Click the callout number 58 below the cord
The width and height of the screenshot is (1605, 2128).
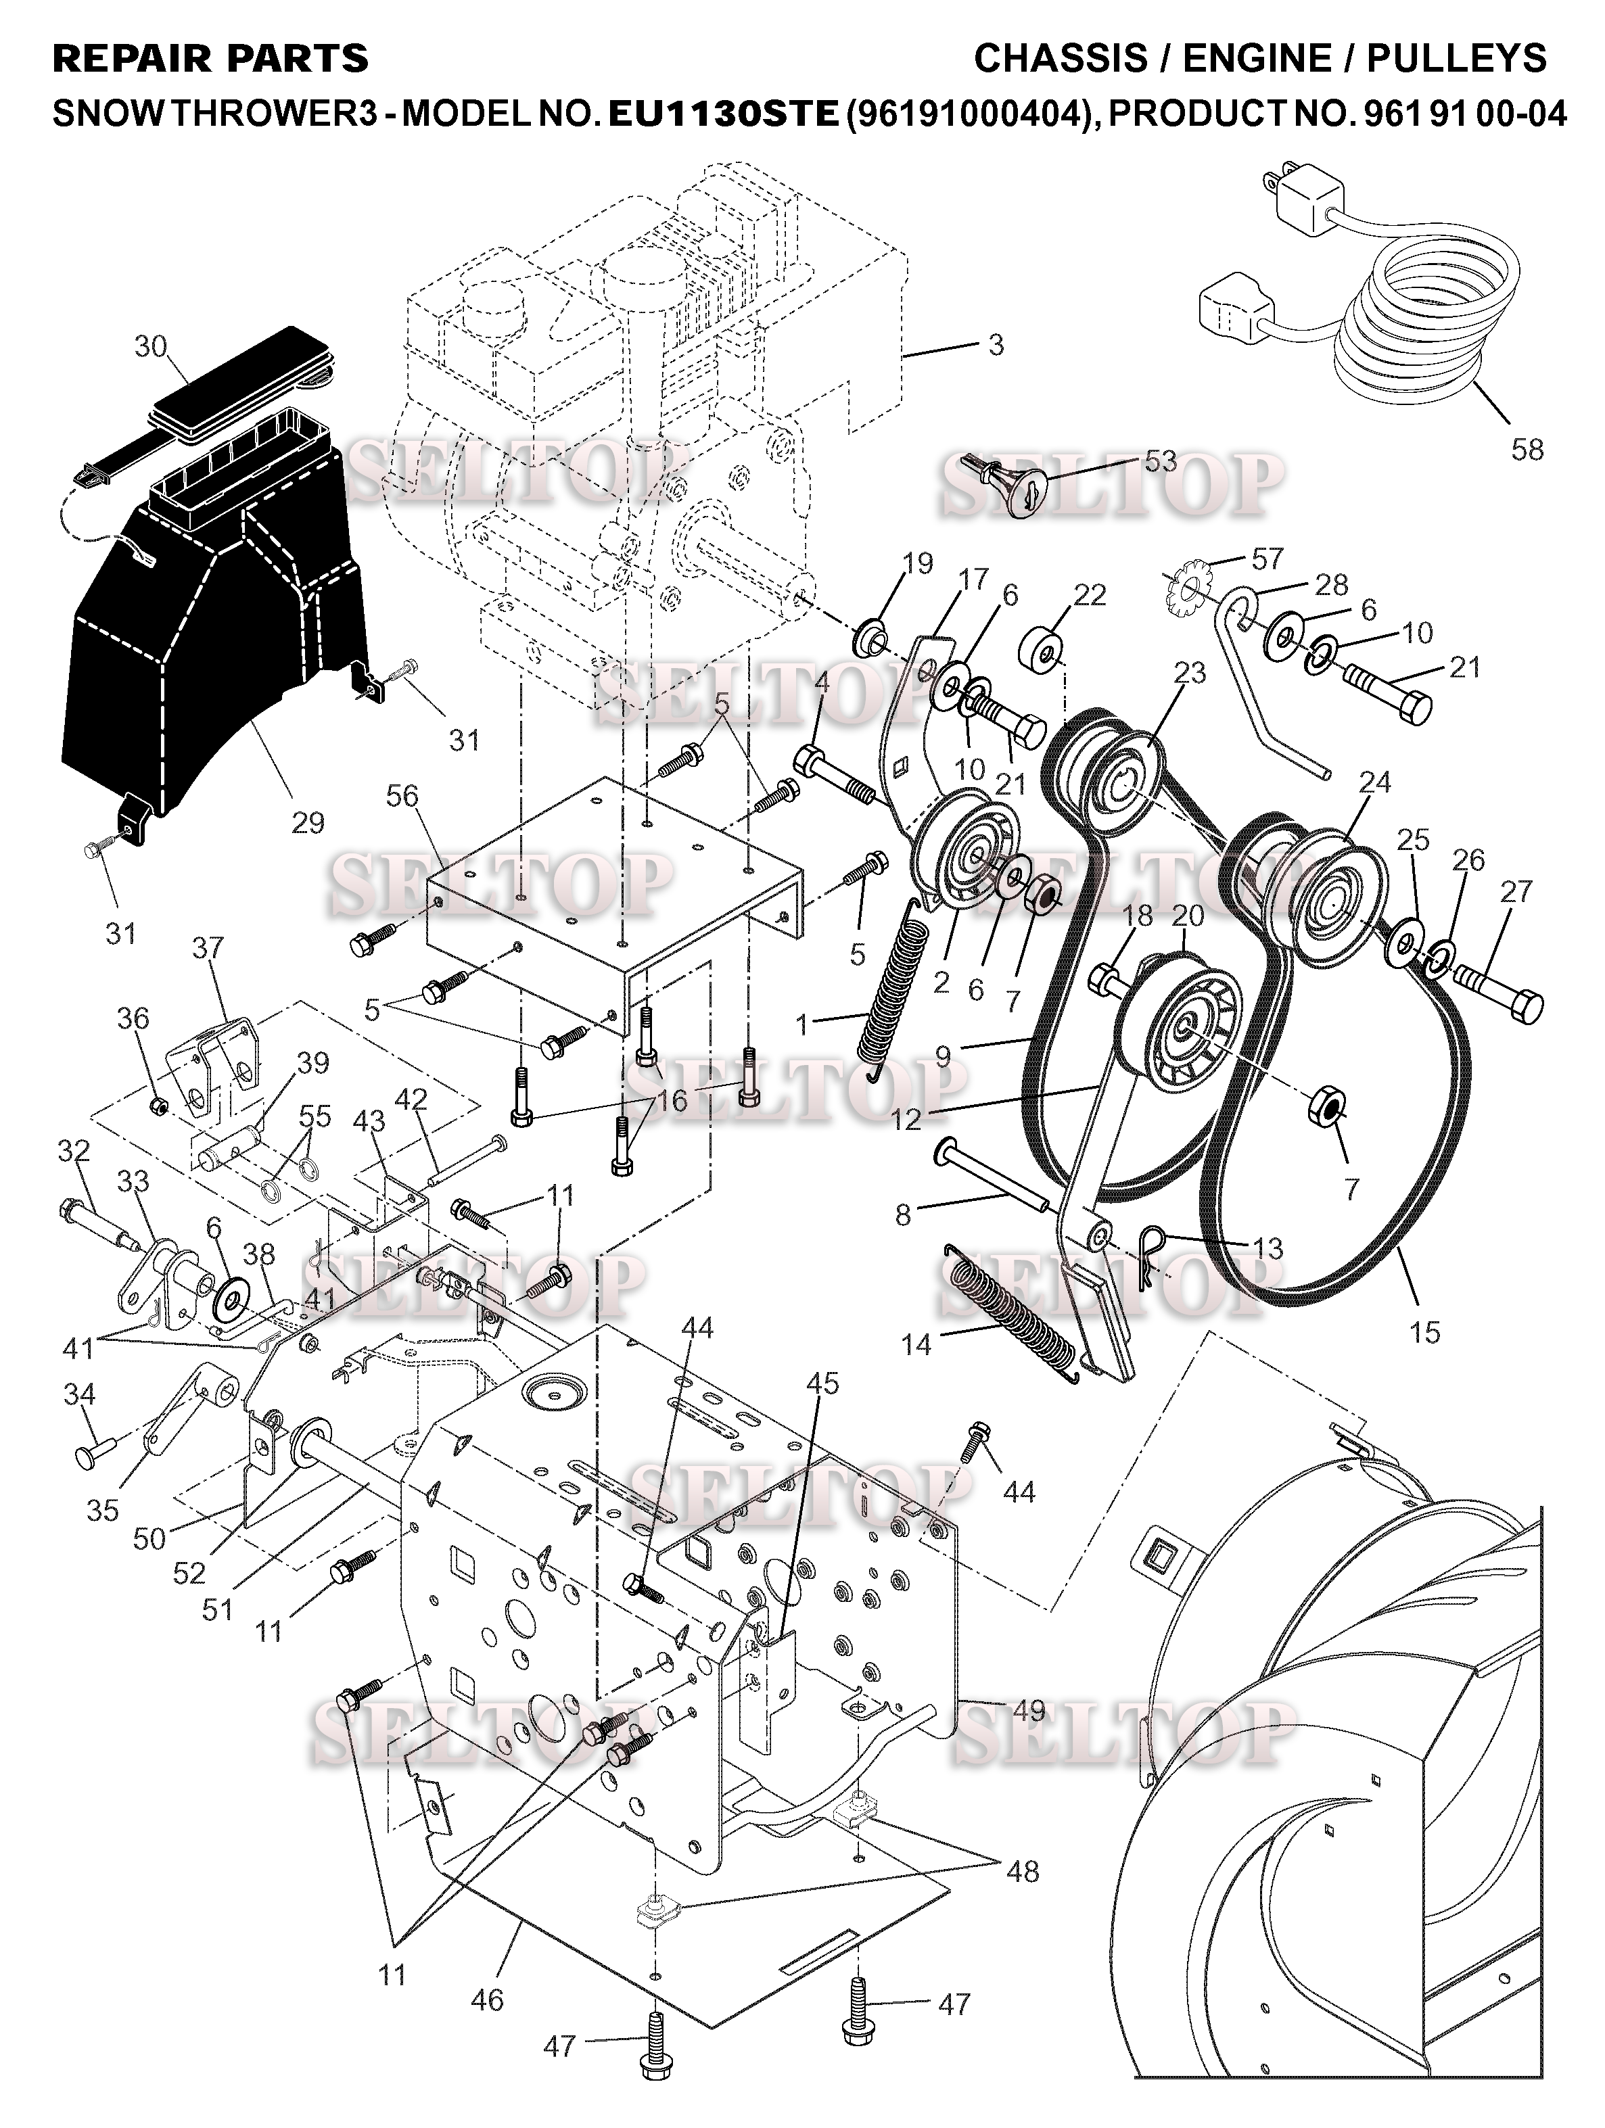coord(1527,449)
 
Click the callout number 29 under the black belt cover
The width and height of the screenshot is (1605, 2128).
coord(308,822)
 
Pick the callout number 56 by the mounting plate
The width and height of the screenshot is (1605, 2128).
coord(402,796)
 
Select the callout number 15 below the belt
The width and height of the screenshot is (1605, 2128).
coord(1424,1332)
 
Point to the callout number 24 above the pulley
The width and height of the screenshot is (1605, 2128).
coord(1374,782)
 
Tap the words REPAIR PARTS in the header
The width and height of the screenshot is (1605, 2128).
coord(210,59)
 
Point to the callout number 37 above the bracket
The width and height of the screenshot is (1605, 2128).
coord(208,949)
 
